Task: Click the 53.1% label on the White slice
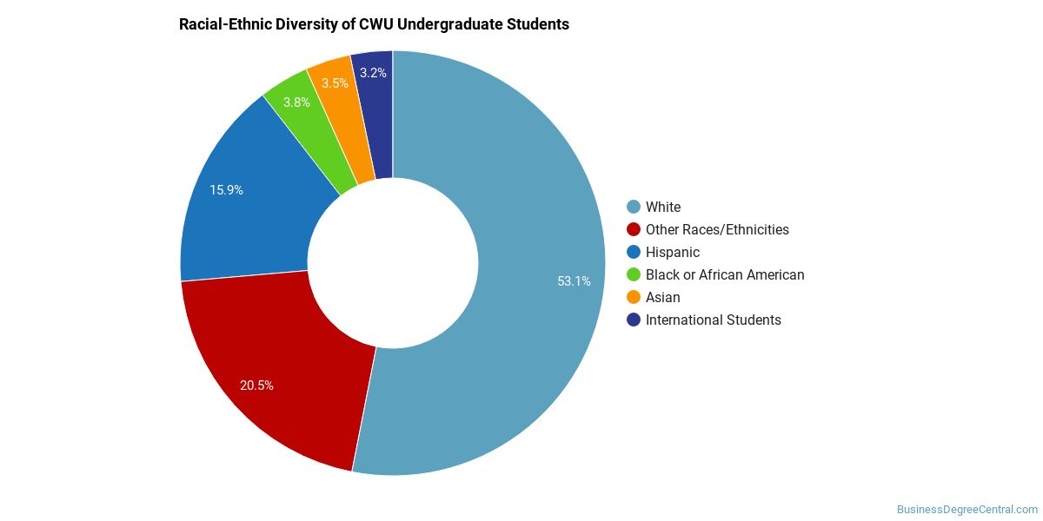tap(574, 281)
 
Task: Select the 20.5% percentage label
tap(256, 386)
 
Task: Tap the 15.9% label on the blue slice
tap(226, 190)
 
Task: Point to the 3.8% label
tap(296, 102)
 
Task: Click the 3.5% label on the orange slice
tap(335, 82)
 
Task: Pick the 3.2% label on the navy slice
tap(373, 73)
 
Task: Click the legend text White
tap(663, 207)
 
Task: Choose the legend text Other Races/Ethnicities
tap(717, 229)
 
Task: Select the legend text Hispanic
tap(673, 252)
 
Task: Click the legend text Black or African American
tap(725, 274)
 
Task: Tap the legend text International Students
tap(714, 320)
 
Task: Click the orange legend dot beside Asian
tap(634, 297)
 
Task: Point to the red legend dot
tap(634, 229)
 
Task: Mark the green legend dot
tap(634, 274)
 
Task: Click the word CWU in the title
tap(375, 24)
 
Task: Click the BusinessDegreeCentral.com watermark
tap(967, 510)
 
